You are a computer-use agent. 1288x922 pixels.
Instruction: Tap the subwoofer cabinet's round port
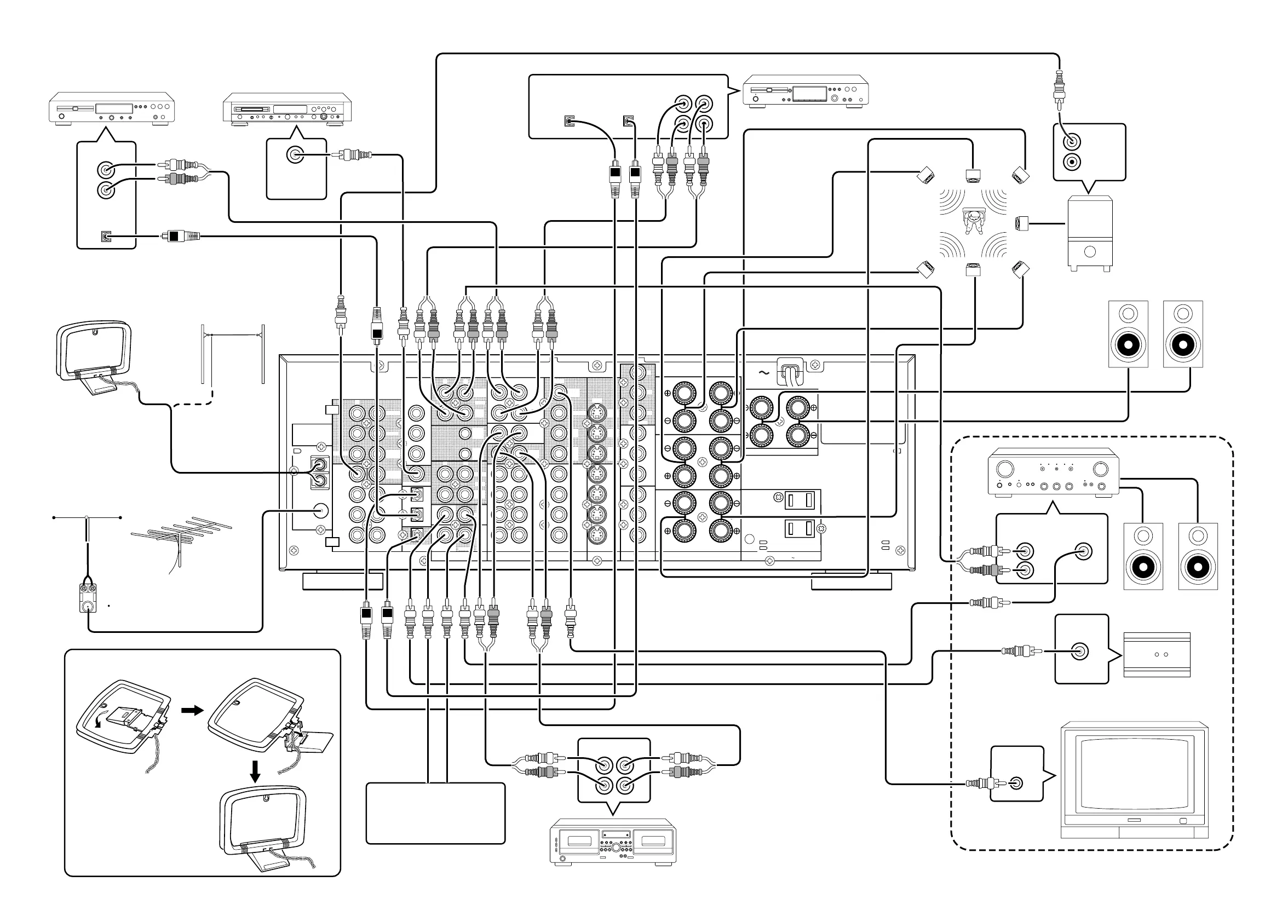click(x=1089, y=251)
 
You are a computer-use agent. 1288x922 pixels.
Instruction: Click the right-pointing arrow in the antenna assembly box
click(x=192, y=710)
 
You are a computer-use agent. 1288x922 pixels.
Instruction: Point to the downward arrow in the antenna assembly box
click(x=256, y=771)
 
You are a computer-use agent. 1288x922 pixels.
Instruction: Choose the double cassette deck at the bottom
click(x=613, y=842)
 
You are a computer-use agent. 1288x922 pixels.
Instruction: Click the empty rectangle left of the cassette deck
click(x=435, y=813)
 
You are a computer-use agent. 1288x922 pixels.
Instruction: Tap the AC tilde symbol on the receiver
click(x=763, y=373)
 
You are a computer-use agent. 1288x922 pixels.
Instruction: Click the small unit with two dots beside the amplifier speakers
click(x=1157, y=655)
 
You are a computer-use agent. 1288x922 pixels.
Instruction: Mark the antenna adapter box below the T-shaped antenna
click(x=88, y=598)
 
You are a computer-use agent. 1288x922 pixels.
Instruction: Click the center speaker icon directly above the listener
click(x=973, y=175)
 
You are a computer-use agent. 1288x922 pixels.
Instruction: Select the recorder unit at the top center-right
click(x=806, y=90)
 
